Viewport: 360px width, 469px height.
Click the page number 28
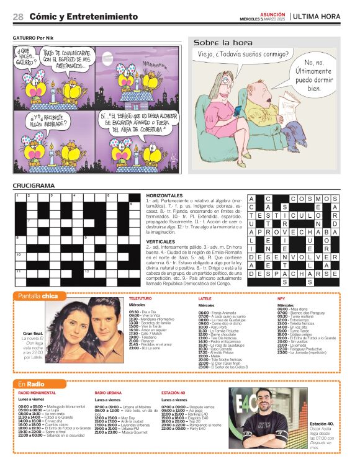pyautogui.click(x=18, y=17)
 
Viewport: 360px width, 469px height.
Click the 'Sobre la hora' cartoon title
pyautogui.click(x=223, y=43)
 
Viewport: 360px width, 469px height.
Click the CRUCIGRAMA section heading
pyautogui.click(x=34, y=185)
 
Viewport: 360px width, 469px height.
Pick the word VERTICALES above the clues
pyautogui.click(x=161, y=241)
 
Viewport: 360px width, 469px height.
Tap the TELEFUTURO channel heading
pyautogui.click(x=140, y=298)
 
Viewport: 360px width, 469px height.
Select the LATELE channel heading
pyautogui.click(x=205, y=298)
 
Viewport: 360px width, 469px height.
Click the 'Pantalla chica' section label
pyautogui.click(x=38, y=296)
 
